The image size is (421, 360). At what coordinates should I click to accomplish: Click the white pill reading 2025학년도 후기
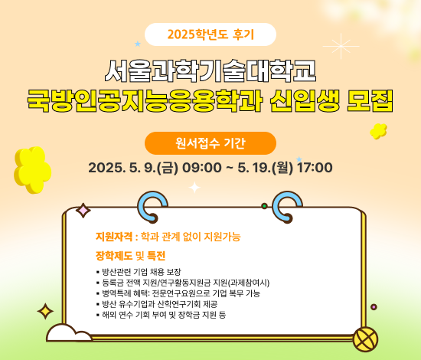point(210,34)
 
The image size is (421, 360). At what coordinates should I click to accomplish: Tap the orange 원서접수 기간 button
point(210,143)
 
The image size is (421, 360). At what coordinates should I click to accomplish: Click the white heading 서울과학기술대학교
point(210,70)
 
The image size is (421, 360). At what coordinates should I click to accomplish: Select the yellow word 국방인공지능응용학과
point(145,100)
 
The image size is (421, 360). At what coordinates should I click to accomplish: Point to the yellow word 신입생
point(305,100)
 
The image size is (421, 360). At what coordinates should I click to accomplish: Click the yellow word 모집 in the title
point(370,100)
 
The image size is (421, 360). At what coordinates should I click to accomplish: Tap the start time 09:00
point(202,168)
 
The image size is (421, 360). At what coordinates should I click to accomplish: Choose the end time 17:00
point(315,168)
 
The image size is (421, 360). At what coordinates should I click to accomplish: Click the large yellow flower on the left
point(32,170)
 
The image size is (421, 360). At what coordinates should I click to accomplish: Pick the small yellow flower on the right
point(378,131)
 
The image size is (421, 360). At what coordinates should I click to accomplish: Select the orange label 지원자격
point(114,237)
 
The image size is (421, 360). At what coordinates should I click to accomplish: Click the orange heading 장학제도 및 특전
point(130,256)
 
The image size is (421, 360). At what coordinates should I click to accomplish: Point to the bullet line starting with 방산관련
point(139,272)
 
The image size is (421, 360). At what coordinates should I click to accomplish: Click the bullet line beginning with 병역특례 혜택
point(178,293)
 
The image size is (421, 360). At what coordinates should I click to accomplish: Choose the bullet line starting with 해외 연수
point(161,315)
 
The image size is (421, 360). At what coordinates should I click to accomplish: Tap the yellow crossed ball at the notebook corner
point(365,339)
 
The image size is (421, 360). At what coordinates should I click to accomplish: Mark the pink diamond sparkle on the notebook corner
point(83,211)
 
